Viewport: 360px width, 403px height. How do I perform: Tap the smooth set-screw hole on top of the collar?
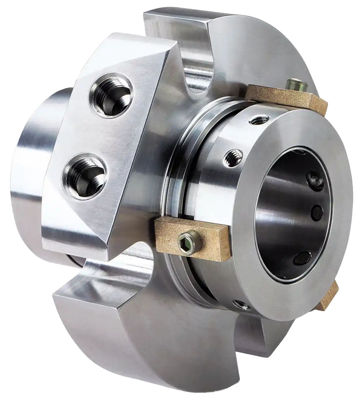260,119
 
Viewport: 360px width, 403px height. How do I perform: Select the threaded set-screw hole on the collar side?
233,157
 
